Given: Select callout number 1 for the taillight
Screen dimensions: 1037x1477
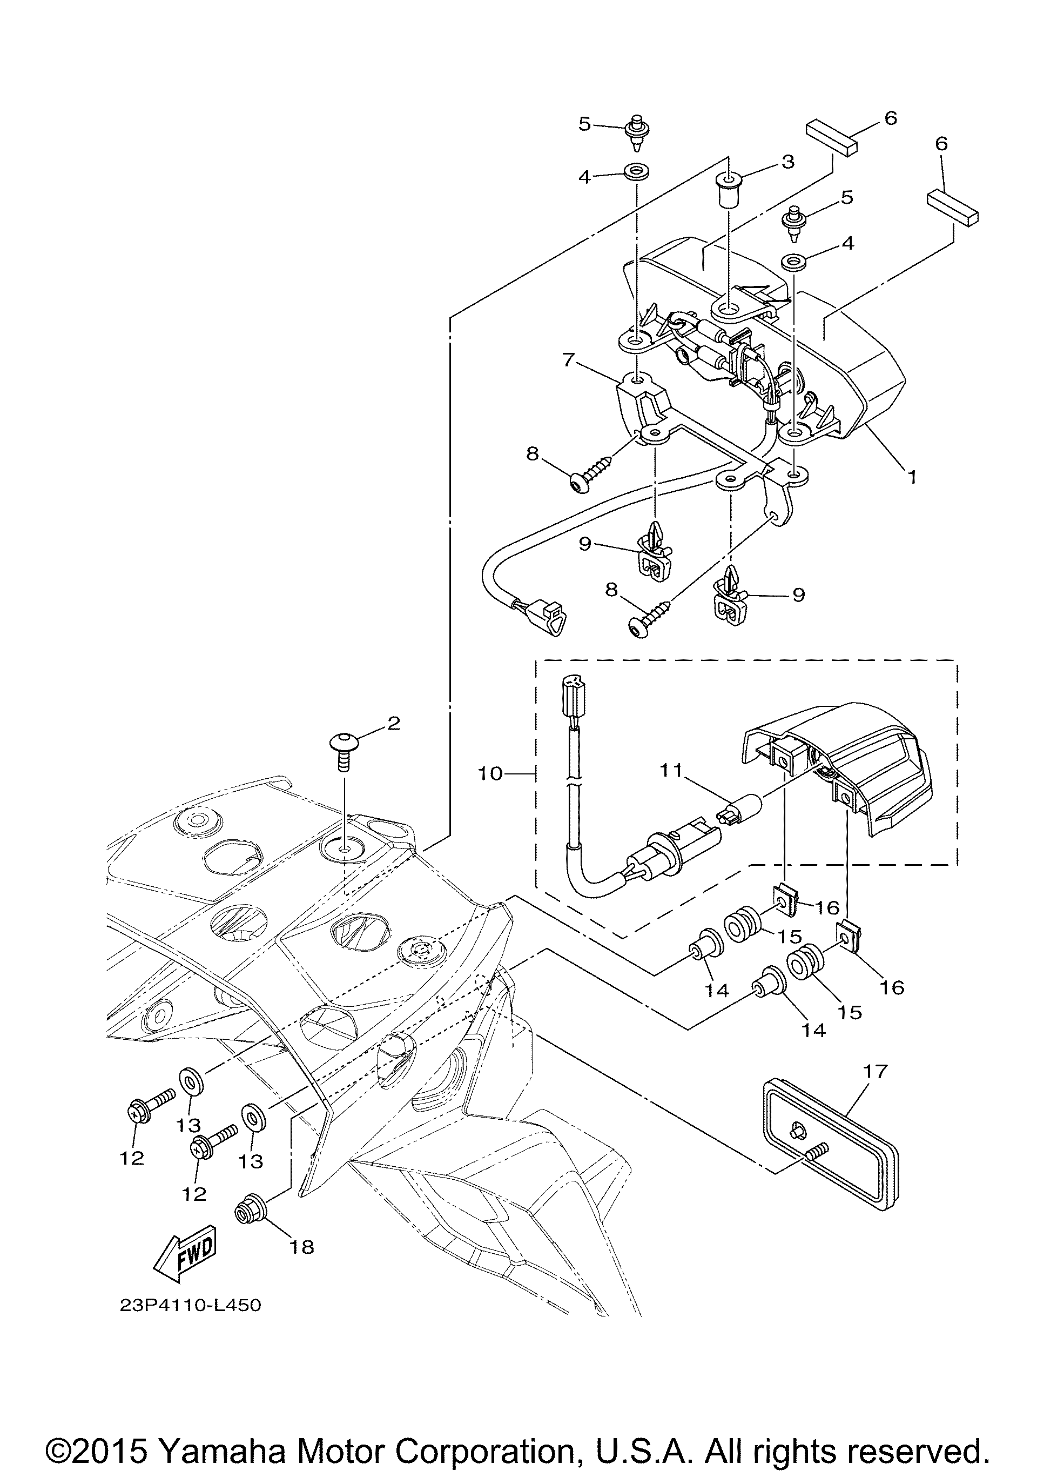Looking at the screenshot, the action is [912, 477].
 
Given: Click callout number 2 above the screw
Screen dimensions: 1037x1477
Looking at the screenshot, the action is [393, 723].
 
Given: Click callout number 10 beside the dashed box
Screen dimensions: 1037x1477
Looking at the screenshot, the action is [490, 773].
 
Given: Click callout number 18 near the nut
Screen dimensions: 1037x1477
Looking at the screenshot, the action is [301, 1247].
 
